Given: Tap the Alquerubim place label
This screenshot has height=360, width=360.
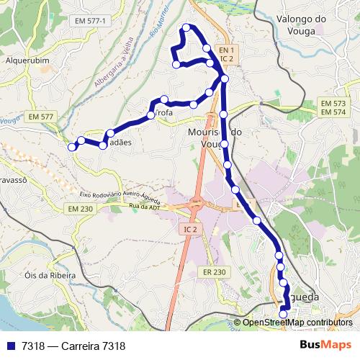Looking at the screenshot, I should [x=27, y=60].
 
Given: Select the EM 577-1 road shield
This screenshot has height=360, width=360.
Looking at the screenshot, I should [x=90, y=22].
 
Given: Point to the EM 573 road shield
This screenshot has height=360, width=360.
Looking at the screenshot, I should [x=333, y=104].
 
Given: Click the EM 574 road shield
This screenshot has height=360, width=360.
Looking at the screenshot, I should [x=333, y=112].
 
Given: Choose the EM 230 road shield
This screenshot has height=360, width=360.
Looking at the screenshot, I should [x=81, y=208].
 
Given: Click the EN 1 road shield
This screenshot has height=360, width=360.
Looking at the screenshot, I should [x=228, y=50].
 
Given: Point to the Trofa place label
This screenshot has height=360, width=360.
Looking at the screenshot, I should [x=161, y=114].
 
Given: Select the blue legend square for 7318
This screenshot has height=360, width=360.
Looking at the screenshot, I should [x=10, y=346].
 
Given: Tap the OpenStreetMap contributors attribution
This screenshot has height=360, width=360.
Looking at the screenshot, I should [x=297, y=323].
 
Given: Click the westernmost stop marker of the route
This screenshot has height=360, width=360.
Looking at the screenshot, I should [x=71, y=147].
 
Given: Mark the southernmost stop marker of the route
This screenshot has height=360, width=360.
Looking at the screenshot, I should [x=283, y=313].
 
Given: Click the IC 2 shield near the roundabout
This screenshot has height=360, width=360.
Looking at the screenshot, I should [x=190, y=228].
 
